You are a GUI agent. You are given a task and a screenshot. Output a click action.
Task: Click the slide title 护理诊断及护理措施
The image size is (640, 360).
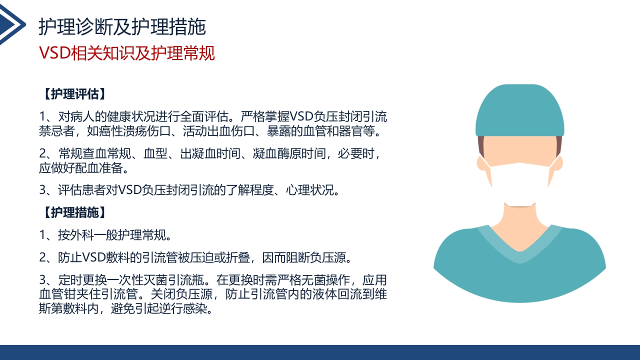pyautogui.click(x=122, y=27)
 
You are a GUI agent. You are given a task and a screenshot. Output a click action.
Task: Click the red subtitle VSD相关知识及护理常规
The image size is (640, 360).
pyautogui.click(x=127, y=53)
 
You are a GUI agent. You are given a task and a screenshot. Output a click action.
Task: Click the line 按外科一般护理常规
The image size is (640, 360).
pyautogui.click(x=105, y=234)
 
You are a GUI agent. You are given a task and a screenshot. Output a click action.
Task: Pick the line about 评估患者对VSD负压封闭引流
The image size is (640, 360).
pyautogui.click(x=190, y=190)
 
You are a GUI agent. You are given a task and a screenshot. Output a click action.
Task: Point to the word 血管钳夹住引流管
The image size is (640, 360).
pyautogui.click(x=82, y=294)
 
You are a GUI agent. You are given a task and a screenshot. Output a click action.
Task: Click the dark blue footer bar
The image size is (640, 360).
pyautogui.click(x=320, y=352)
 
